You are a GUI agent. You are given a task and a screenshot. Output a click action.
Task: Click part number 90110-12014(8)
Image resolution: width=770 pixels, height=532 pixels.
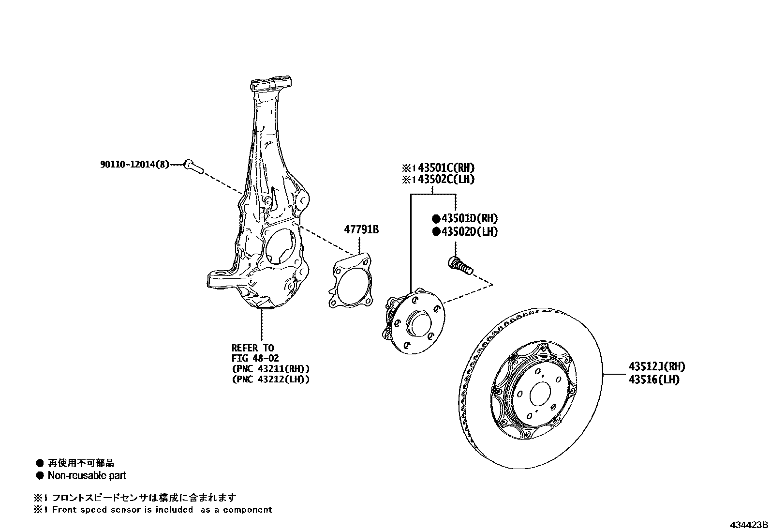pos(135,165)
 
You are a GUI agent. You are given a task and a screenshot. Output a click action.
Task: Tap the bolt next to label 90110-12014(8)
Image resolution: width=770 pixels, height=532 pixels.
pos(193,167)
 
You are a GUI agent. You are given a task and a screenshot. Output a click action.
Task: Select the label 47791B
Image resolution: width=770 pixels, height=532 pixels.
pos(361,229)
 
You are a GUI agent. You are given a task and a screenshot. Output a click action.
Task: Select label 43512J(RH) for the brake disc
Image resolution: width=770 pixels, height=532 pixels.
pos(656,367)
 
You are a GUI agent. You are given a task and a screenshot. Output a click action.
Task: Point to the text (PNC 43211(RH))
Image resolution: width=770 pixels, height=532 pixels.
pos(270,369)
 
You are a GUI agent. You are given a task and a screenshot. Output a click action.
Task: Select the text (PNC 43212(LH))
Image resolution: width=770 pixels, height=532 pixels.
pos(270,380)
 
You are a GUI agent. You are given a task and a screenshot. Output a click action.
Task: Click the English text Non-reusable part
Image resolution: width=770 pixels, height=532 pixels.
pos(87,476)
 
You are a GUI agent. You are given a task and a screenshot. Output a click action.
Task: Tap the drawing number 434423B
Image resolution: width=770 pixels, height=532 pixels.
pos(749,525)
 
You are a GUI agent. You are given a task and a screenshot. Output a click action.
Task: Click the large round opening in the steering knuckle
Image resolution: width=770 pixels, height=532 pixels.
pos(281,247)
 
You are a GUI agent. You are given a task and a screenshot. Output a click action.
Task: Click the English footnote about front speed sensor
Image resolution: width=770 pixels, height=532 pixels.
pos(162,509)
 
